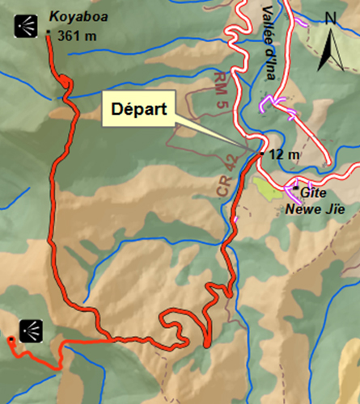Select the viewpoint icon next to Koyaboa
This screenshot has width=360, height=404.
pos(28,27)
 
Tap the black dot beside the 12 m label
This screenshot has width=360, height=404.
pos(261,153)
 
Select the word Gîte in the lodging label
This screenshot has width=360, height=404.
pos(314,193)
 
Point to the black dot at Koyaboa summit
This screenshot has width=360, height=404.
pos(49,33)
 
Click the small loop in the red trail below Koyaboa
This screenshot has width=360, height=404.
pos(63,82)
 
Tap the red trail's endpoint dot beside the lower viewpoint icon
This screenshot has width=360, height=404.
pos(11,339)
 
